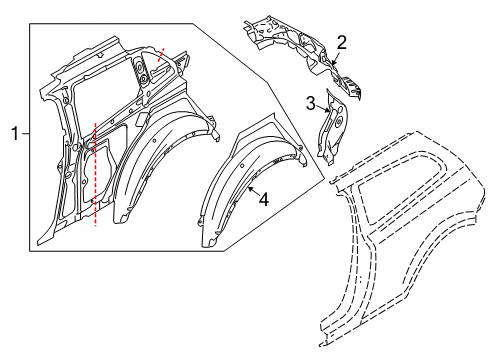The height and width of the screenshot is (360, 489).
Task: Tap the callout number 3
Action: (311, 102)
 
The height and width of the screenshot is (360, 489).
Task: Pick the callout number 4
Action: (265, 199)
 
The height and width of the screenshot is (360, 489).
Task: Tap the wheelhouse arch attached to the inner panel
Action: (150, 170)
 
